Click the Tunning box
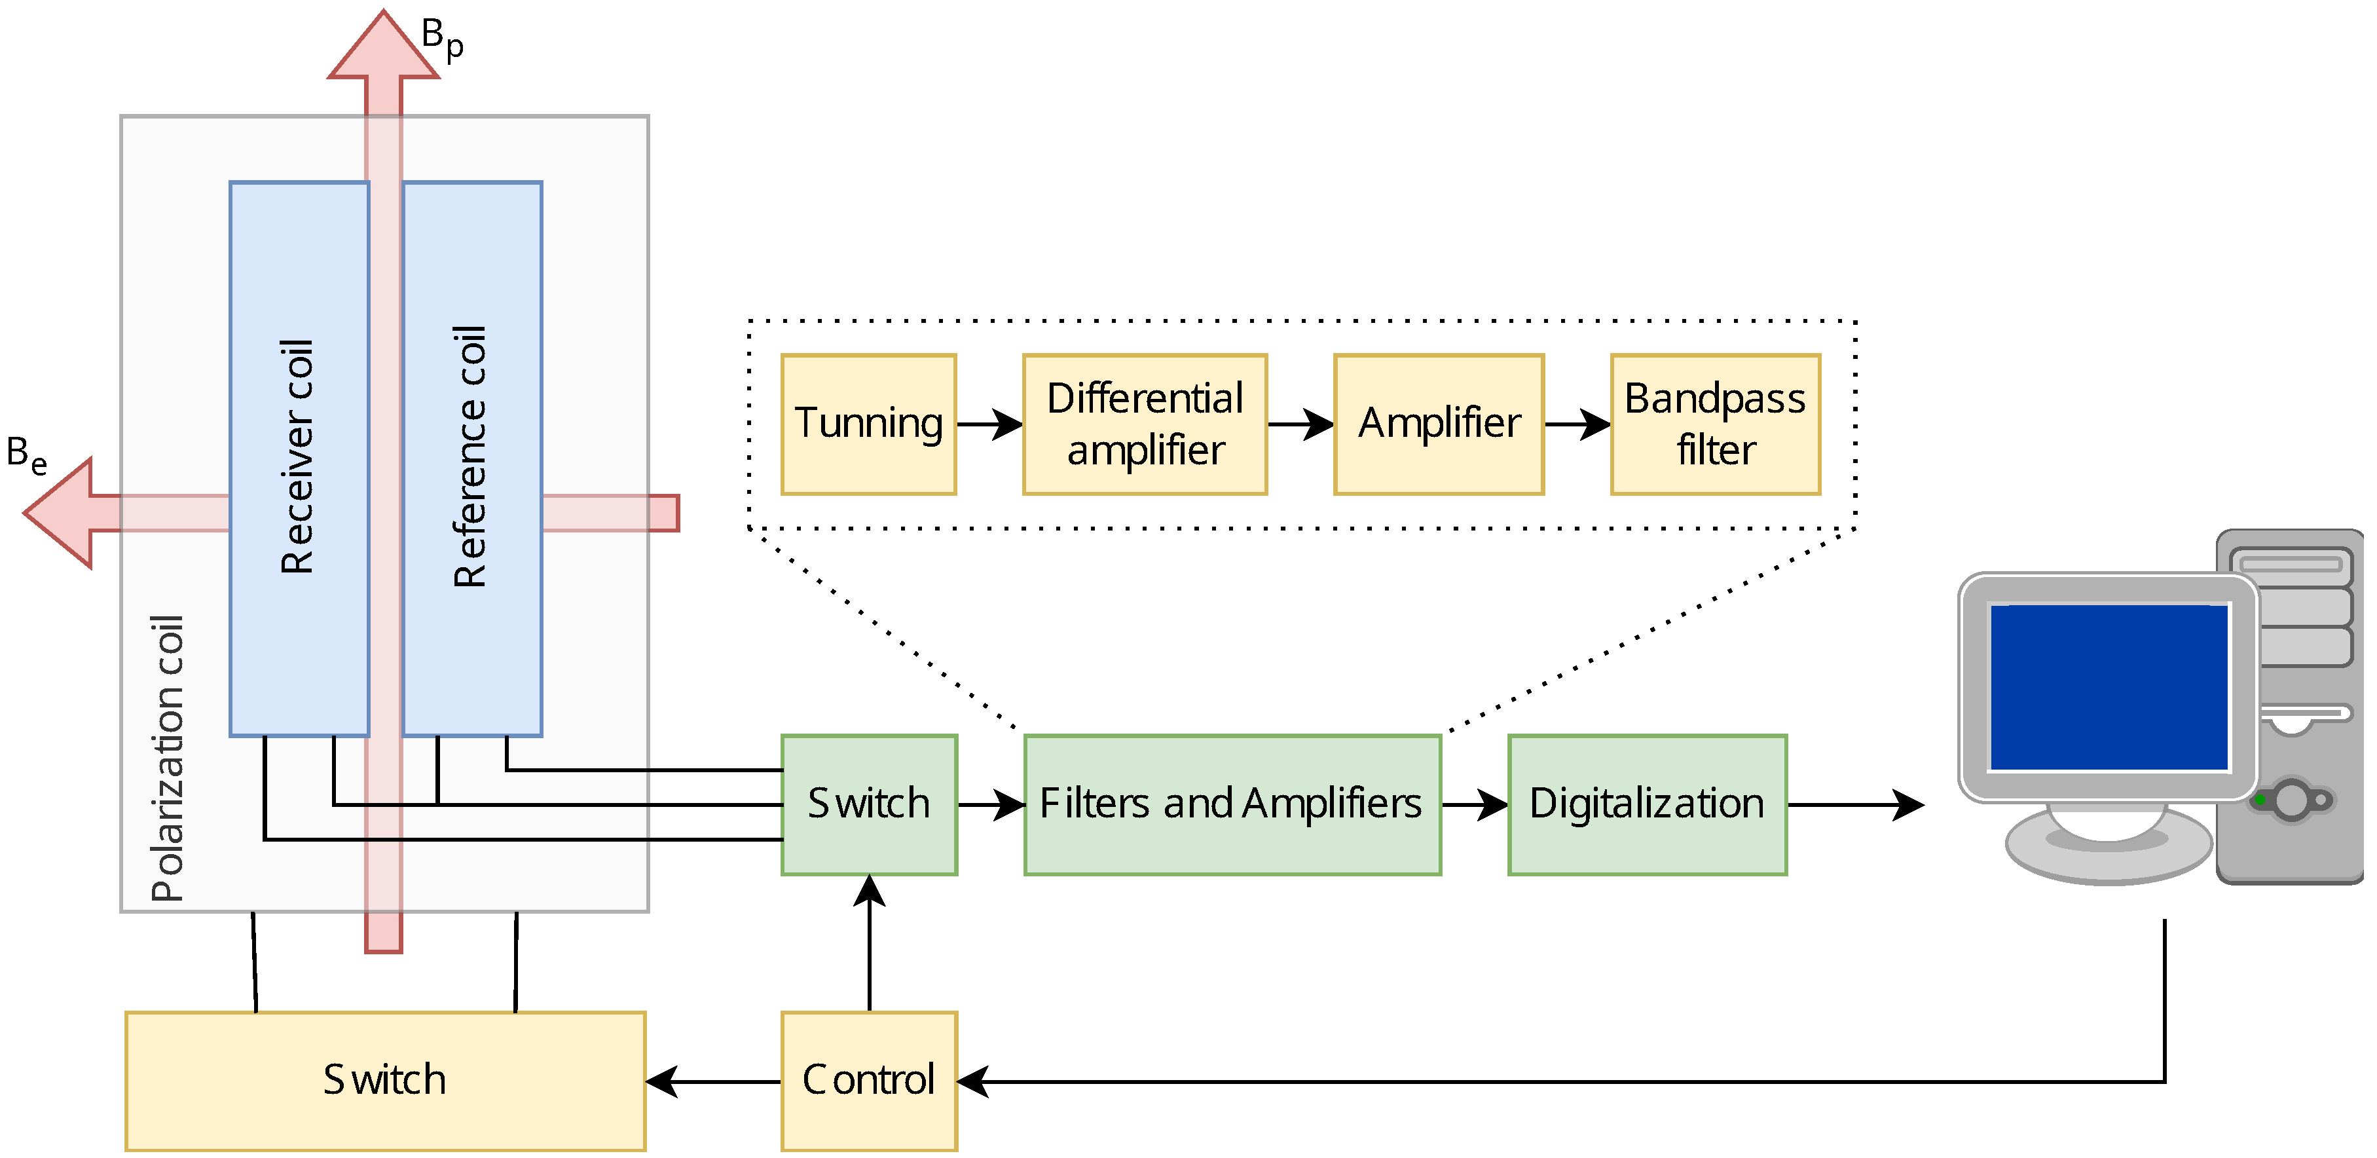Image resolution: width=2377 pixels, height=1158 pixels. pyautogui.click(x=868, y=424)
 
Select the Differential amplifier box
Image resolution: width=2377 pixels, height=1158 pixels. pyautogui.click(x=1144, y=424)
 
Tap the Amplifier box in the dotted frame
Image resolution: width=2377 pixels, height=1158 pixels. pyautogui.click(x=1439, y=424)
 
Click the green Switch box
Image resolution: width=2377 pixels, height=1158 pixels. pyautogui.click(x=868, y=804)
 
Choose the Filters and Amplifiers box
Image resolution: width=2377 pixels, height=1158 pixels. pyautogui.click(x=1232, y=804)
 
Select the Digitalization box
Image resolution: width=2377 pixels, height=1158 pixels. pyautogui.click(x=1647, y=804)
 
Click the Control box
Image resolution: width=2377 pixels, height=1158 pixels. pyautogui.click(x=868, y=1079)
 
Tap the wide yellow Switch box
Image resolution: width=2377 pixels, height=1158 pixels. pyautogui.click(x=385, y=1079)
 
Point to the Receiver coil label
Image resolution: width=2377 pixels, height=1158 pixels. pyautogui.click(x=298, y=457)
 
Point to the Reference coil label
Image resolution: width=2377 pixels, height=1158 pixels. pyautogui.click(x=471, y=457)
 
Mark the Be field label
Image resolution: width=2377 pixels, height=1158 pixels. pyautogui.click(x=26, y=455)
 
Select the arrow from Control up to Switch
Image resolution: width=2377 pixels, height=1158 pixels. pyautogui.click(x=869, y=941)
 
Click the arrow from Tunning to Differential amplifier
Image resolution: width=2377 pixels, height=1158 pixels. pyautogui.click(x=989, y=424)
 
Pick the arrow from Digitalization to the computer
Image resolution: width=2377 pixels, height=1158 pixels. pyautogui.click(x=1854, y=804)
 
